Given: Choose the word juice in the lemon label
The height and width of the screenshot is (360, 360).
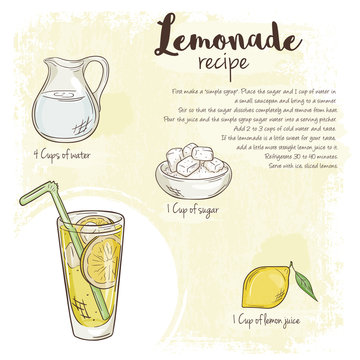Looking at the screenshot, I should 307,322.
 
